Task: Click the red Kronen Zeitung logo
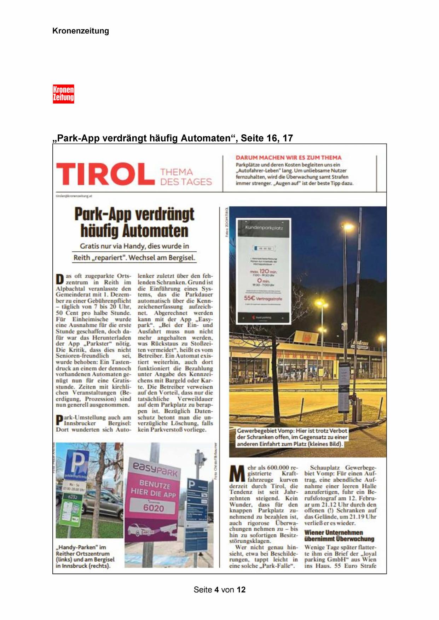[x=63, y=94]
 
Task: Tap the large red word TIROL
[x=105, y=174]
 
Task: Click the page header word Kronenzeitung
[x=80, y=31]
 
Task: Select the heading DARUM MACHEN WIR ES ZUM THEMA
[x=288, y=158]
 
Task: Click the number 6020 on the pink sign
[x=154, y=508]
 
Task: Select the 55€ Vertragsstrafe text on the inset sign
[x=263, y=298]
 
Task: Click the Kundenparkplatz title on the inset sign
[x=264, y=228]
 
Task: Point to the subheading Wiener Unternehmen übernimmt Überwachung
[x=339, y=536]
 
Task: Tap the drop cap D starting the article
[x=60, y=279]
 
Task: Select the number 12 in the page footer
[x=241, y=590]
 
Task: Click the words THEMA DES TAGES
[x=186, y=177]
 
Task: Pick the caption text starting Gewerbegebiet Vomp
[x=292, y=437]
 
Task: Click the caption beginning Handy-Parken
[x=85, y=557]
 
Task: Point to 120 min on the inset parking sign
[x=263, y=271]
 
